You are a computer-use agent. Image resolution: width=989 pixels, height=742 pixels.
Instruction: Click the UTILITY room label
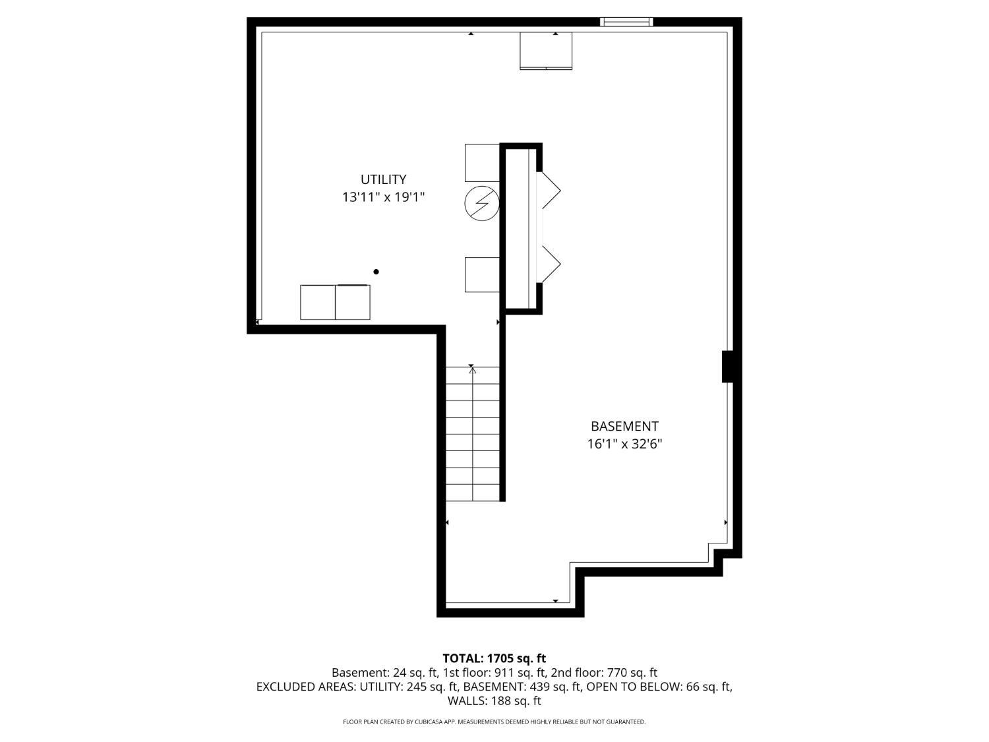[383, 179]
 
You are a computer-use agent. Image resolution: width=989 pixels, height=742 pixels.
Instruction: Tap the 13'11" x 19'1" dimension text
[384, 197]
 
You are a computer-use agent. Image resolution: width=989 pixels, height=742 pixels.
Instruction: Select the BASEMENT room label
[624, 426]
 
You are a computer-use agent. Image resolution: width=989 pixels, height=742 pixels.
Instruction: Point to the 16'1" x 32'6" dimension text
[624, 444]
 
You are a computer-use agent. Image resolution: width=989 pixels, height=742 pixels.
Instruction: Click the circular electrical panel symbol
[482, 203]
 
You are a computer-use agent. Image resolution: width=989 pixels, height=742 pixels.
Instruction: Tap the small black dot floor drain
[376, 272]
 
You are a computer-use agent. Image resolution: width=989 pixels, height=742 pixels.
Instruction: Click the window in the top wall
[626, 22]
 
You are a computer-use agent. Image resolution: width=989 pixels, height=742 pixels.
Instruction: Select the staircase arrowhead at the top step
[472, 370]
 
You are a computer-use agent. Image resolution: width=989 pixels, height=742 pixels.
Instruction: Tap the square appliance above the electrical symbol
[482, 163]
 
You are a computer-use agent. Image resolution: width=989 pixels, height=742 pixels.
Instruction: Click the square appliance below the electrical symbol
[482, 275]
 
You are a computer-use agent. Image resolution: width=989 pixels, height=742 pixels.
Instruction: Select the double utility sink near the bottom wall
[335, 302]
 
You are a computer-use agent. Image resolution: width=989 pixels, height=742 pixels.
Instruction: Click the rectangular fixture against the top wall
[546, 51]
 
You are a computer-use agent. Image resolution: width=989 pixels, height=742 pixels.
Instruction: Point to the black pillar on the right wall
[727, 367]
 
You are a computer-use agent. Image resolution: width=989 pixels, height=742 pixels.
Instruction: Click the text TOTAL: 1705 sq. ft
[494, 659]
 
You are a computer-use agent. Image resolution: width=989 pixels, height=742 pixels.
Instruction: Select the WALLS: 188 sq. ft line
[494, 701]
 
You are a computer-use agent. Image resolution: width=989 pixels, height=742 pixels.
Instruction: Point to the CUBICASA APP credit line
[494, 722]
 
